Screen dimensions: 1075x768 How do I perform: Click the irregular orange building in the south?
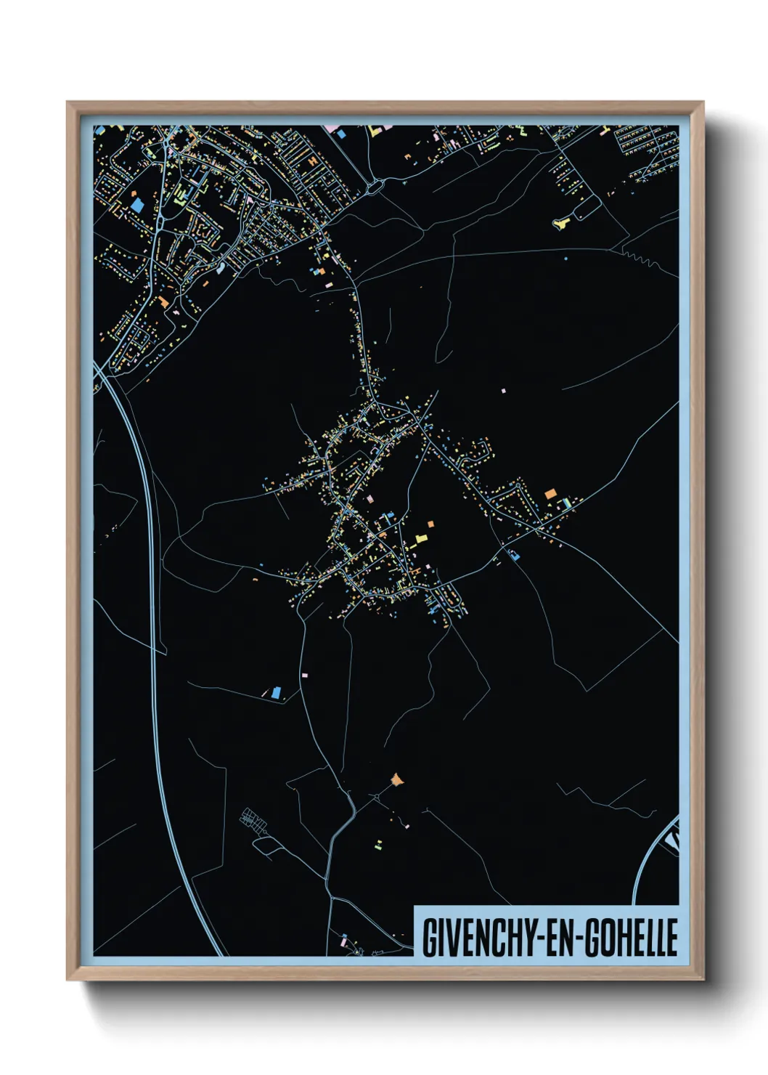click(x=396, y=780)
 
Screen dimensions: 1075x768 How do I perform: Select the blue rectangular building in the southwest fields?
click(x=276, y=692)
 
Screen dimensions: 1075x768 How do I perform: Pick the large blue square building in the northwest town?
click(x=137, y=205)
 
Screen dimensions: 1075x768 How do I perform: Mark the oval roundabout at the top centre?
click(x=374, y=187)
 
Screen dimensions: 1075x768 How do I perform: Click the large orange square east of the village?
click(x=551, y=493)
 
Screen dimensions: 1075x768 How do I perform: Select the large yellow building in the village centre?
click(x=420, y=538)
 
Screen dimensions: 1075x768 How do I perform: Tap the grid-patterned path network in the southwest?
click(x=254, y=820)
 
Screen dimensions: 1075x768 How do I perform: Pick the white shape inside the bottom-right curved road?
click(x=672, y=843)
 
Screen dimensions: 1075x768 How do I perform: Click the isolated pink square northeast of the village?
click(x=502, y=391)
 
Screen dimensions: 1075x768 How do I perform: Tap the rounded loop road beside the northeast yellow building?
click(x=587, y=208)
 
